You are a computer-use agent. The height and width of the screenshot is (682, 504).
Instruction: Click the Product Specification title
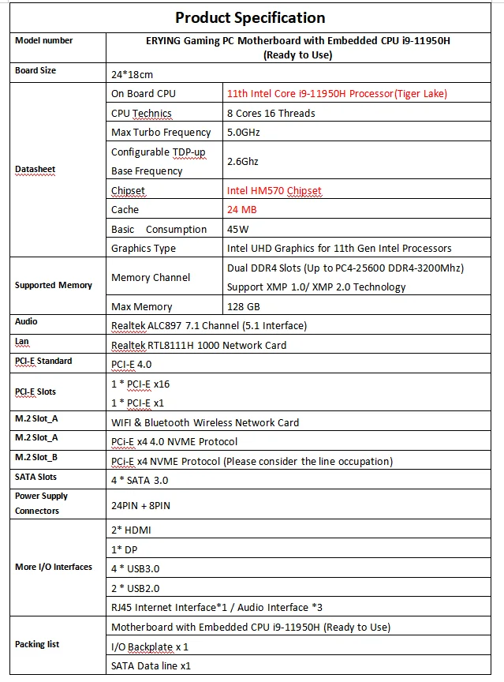249,17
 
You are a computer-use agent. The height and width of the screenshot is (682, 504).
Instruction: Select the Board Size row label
35,70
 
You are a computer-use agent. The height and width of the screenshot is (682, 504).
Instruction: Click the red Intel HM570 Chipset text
274,190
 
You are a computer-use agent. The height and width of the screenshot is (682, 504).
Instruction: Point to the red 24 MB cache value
241,209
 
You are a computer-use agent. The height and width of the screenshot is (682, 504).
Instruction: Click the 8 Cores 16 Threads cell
271,113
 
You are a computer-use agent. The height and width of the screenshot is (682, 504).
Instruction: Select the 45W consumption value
238,229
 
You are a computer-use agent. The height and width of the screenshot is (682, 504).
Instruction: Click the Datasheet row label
35,169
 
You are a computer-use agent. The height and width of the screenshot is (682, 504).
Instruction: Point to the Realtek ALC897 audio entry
209,325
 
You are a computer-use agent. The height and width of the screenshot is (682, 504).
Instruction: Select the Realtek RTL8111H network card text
199,345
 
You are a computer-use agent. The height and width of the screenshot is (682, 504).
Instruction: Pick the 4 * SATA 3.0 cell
140,480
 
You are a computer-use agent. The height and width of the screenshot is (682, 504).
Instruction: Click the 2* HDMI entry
129,529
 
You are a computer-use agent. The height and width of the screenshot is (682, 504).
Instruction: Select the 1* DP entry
124,549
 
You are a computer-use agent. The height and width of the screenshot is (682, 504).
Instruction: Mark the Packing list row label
37,644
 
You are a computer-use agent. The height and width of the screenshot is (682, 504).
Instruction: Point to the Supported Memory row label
54,285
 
